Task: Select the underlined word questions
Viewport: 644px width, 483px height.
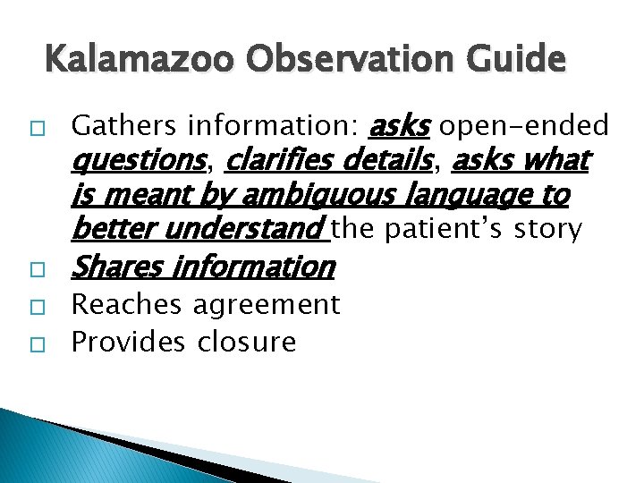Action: coord(138,162)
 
